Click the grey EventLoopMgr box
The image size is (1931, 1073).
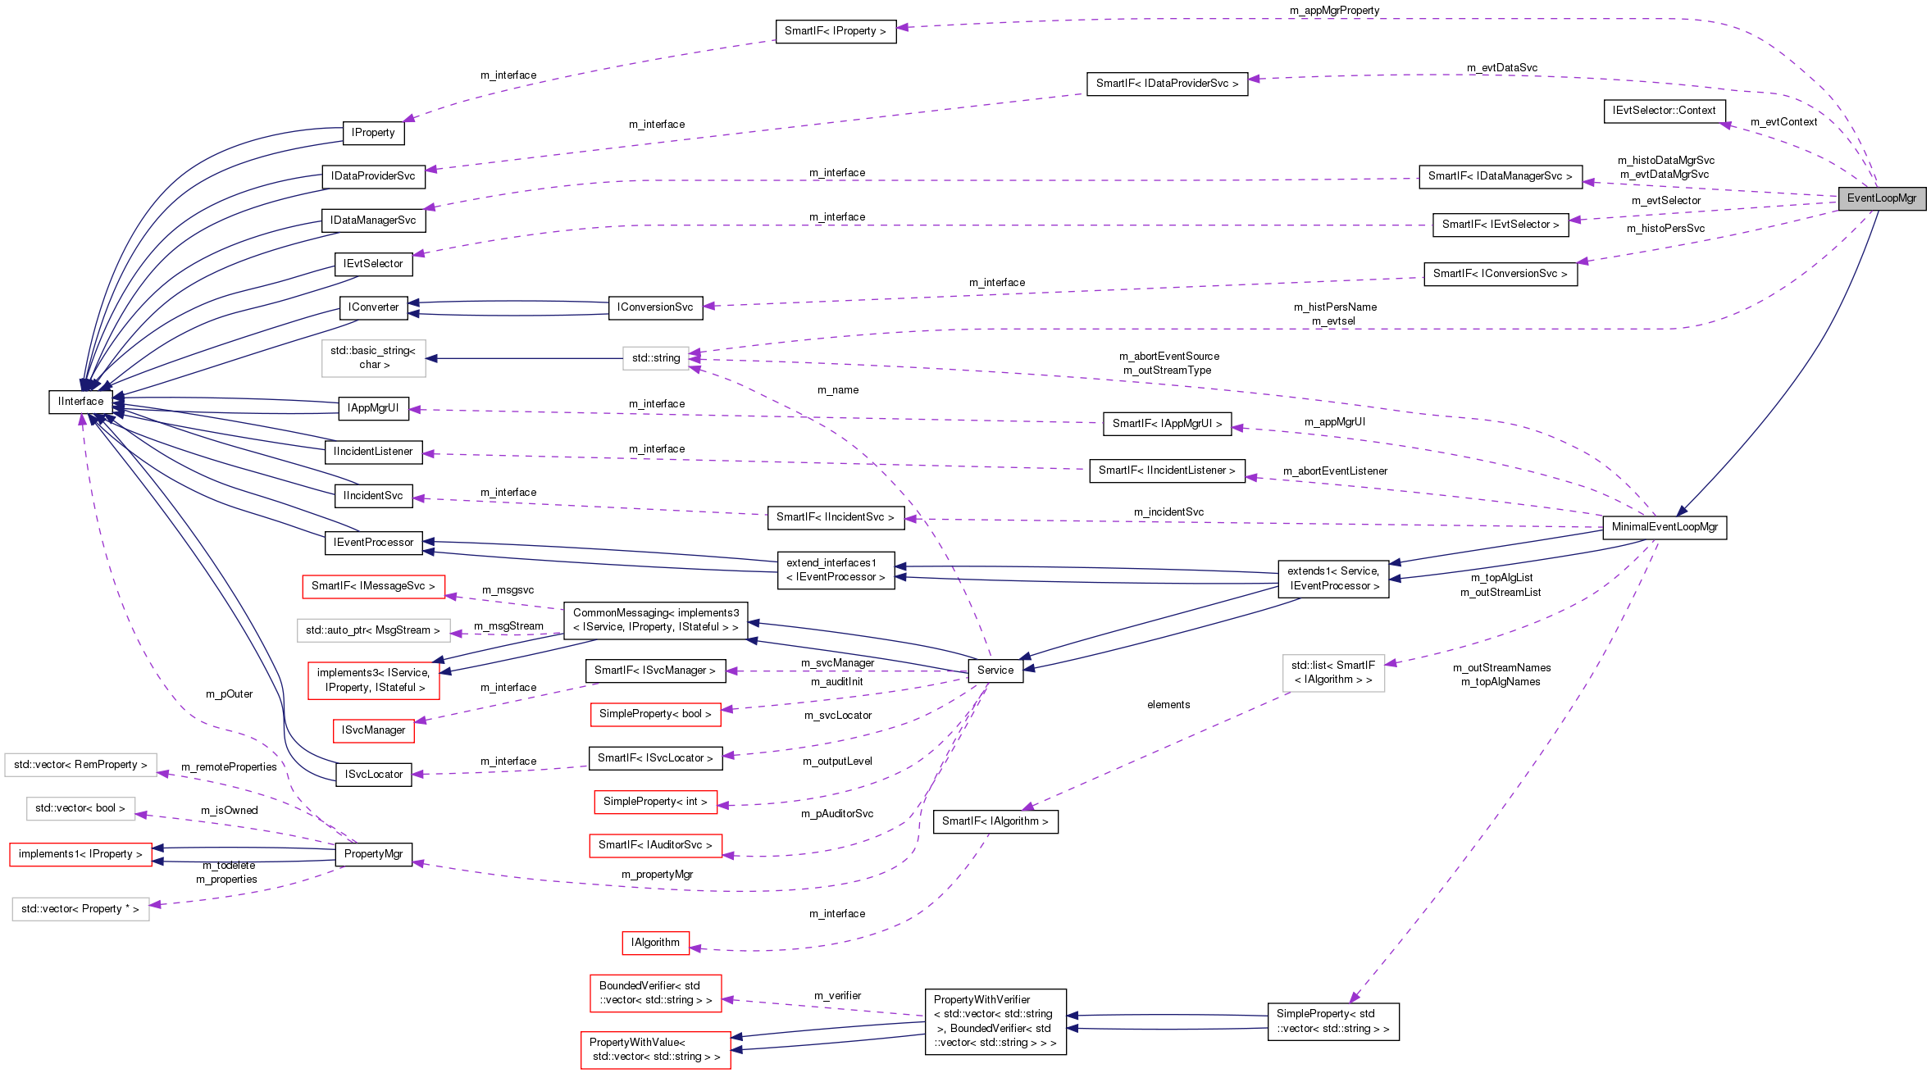point(1881,198)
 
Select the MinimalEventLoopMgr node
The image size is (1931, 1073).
point(1664,527)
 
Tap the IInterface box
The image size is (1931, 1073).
point(80,402)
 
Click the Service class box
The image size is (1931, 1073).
point(995,671)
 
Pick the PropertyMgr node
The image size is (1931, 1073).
point(373,854)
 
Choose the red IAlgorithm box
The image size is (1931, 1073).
point(655,943)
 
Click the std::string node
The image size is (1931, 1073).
point(655,358)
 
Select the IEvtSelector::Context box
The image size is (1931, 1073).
point(1664,111)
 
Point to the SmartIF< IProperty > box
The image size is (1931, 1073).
point(835,31)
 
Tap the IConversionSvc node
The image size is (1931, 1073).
point(654,307)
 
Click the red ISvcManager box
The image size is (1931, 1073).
point(373,730)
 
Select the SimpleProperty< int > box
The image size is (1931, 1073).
point(655,802)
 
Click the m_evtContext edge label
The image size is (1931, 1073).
point(1783,122)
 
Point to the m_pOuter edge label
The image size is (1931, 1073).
point(229,694)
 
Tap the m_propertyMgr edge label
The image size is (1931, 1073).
point(657,875)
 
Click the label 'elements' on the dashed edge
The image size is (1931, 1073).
point(1168,705)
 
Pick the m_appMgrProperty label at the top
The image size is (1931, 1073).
point(1334,11)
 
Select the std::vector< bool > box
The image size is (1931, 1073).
point(80,808)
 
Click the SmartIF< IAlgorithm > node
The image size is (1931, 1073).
point(995,821)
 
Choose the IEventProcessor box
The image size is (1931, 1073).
point(373,543)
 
